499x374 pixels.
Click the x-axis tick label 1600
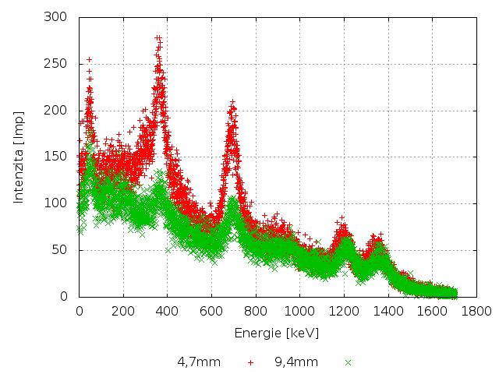[428, 311]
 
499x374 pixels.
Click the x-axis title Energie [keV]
[277, 333]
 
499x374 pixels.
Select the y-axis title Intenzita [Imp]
[18, 157]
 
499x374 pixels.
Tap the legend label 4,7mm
[199, 362]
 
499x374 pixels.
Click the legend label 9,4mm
[296, 362]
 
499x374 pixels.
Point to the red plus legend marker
[250, 362]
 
